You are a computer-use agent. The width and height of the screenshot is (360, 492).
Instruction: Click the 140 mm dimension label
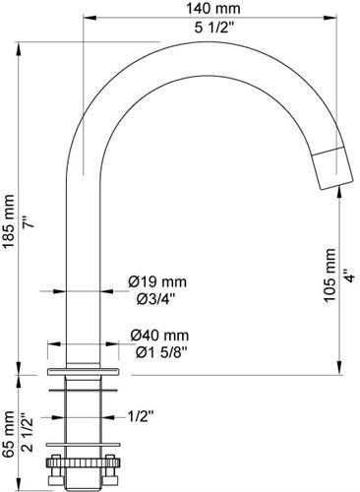pos(213,9)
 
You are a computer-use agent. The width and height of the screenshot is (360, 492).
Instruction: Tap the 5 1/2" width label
pos(213,28)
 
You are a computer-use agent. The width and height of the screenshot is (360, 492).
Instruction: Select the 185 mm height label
pos(9,221)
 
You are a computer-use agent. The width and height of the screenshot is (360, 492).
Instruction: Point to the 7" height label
pos(29,222)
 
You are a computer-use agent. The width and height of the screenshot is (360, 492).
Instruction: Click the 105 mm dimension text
pos(330,275)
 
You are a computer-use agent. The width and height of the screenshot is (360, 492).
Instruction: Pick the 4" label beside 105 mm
pos(349,276)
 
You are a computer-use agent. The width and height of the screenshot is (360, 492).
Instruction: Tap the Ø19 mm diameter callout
pos(157,281)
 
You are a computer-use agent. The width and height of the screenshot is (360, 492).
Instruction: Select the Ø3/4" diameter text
pos(156,299)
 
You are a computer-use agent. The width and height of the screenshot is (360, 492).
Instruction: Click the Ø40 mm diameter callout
pos(159,336)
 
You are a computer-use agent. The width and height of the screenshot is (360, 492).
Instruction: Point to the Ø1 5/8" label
pos(161,352)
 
